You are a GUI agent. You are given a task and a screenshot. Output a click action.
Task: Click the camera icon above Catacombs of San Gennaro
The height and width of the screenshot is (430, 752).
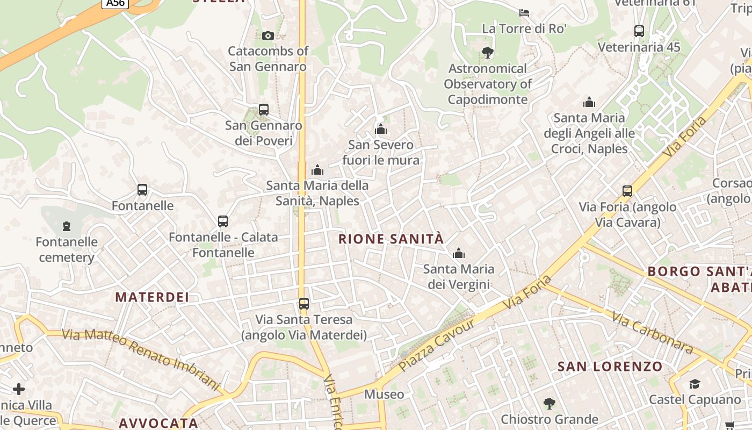(267, 35)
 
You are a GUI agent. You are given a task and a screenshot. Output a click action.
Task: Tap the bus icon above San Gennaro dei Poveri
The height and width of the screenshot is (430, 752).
(263, 110)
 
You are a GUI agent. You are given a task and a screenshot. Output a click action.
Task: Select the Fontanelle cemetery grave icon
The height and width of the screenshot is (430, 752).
(67, 226)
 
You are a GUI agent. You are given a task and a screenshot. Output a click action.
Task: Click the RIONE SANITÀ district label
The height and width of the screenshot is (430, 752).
(391, 239)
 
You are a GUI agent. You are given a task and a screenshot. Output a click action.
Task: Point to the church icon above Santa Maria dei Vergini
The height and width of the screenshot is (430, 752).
(458, 253)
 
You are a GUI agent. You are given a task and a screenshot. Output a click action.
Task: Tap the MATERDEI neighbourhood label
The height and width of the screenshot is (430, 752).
(152, 297)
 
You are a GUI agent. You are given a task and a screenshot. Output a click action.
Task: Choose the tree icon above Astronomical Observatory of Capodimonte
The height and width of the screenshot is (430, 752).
(487, 53)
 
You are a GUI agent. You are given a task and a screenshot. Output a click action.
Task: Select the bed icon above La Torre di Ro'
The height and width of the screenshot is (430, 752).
(524, 12)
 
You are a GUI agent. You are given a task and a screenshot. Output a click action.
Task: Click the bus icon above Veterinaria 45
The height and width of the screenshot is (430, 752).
(639, 31)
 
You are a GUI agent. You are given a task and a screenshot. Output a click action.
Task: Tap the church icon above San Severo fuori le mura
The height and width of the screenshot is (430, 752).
(381, 129)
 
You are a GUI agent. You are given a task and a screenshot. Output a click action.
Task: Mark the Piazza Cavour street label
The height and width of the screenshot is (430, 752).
(437, 345)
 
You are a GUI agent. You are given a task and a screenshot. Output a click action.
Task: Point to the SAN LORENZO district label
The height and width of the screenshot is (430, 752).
(610, 367)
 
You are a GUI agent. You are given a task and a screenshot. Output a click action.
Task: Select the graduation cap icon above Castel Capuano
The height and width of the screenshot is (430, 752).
(695, 384)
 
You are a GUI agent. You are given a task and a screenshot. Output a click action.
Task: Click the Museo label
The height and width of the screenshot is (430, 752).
(384, 395)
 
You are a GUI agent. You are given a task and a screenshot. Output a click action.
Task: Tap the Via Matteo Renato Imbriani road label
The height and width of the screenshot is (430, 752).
(141, 359)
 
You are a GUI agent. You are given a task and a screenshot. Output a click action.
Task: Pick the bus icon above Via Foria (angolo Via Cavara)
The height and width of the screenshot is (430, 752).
(627, 191)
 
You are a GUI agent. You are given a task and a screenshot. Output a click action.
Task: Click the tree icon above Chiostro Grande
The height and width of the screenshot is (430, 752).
(549, 403)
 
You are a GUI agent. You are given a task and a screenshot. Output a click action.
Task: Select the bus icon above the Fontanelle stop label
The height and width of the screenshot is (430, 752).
(142, 190)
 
